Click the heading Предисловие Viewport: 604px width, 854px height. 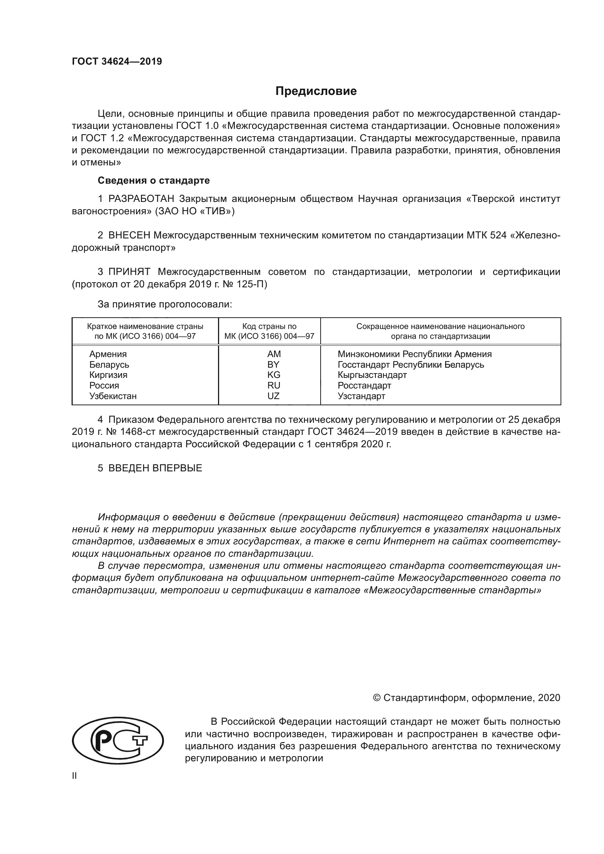(x=316, y=91)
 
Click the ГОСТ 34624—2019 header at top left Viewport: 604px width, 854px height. (x=117, y=62)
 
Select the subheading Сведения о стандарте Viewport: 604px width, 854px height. (x=154, y=180)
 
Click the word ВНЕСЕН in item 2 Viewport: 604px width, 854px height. (x=129, y=235)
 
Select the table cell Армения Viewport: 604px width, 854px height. (x=108, y=354)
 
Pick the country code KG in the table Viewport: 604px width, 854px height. (x=274, y=375)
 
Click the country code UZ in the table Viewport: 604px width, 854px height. (x=274, y=396)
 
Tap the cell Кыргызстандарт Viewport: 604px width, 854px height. (x=372, y=375)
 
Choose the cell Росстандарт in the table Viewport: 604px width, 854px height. (x=364, y=385)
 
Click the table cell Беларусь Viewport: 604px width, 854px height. (x=109, y=364)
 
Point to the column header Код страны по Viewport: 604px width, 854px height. (x=269, y=326)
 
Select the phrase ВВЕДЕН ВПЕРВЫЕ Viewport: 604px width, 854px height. (x=155, y=468)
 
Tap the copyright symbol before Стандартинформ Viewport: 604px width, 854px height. (x=376, y=698)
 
